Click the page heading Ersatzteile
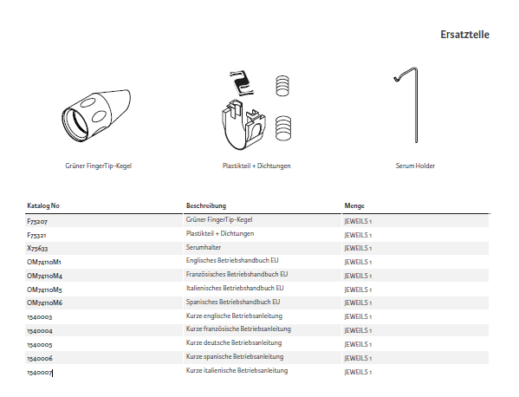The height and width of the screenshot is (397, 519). tap(464, 35)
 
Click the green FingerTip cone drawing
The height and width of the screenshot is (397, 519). tap(96, 115)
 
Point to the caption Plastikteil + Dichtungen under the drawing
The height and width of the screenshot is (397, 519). tap(256, 166)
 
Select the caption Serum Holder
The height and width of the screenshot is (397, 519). tap(415, 166)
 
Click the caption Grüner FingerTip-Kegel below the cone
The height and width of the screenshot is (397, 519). tap(98, 166)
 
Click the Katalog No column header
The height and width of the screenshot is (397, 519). tap(43, 205)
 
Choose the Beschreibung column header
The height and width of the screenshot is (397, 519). tap(206, 205)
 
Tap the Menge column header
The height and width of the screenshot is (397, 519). tap(354, 205)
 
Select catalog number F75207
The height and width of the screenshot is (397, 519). tap(37, 221)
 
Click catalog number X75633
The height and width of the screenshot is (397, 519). tap(37, 248)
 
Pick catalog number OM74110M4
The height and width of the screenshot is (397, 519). tap(44, 276)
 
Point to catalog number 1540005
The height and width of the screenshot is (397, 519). tap(39, 345)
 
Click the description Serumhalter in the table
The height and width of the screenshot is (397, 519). tap(204, 247)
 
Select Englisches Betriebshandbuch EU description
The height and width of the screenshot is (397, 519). tap(232, 261)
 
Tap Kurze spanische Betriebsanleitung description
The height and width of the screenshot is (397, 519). tap(235, 357)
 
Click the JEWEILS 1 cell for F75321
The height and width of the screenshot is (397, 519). tap(358, 235)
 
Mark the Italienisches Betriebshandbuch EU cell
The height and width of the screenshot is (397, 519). tap(235, 289)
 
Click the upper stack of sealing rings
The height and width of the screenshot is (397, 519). tap(282, 86)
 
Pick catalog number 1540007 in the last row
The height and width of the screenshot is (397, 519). tap(39, 373)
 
